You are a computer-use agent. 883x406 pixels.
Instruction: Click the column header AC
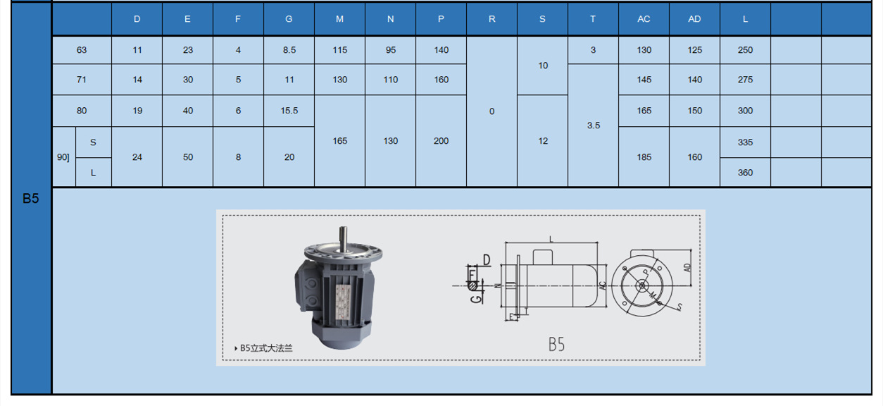tap(644, 19)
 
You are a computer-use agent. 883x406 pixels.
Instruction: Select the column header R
tap(491, 19)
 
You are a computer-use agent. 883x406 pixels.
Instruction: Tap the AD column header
tap(694, 19)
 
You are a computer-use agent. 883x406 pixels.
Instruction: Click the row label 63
tap(82, 50)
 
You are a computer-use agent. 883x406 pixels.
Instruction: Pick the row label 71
tap(82, 80)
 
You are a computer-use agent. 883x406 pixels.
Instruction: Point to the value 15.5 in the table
tap(289, 111)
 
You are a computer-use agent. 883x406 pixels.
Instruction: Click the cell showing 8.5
tap(289, 50)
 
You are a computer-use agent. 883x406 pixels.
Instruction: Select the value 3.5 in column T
tap(594, 125)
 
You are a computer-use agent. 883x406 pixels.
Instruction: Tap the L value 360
tap(746, 173)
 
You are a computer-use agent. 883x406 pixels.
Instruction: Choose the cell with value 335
tap(746, 142)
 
